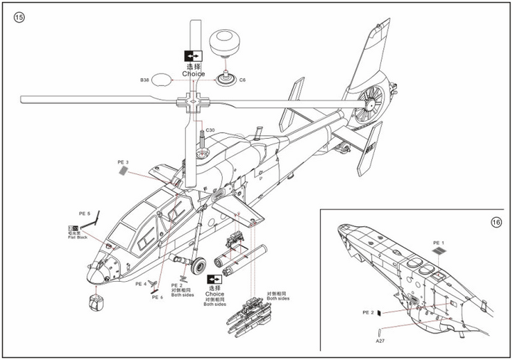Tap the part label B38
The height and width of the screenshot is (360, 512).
(x=144, y=81)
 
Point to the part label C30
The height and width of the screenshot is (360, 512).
(x=210, y=130)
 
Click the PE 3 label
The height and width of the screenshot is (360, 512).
(x=122, y=162)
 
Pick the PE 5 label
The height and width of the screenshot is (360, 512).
(x=84, y=213)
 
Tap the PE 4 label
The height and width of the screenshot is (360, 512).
(x=141, y=283)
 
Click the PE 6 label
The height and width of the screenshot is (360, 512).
(x=157, y=297)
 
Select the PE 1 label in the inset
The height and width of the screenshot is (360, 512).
(x=438, y=243)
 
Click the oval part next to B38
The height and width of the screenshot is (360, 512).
(x=163, y=80)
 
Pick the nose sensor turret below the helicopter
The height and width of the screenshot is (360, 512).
(x=95, y=301)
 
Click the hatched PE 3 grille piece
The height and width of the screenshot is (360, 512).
(x=125, y=173)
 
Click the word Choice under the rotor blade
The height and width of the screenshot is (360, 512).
(x=193, y=74)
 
